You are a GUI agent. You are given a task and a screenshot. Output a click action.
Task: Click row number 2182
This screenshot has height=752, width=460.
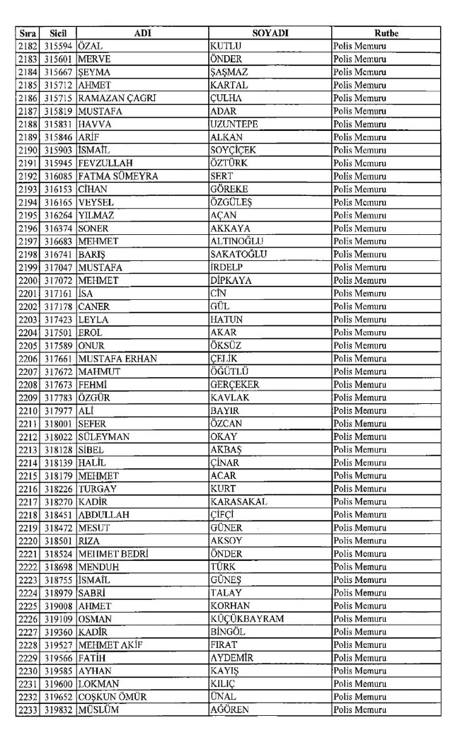(27, 47)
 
